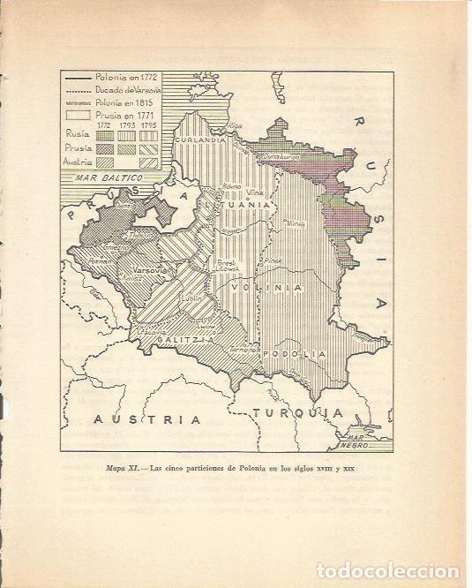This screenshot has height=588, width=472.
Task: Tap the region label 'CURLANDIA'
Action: tap(198, 139)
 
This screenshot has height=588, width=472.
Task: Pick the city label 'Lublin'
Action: tap(191, 298)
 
